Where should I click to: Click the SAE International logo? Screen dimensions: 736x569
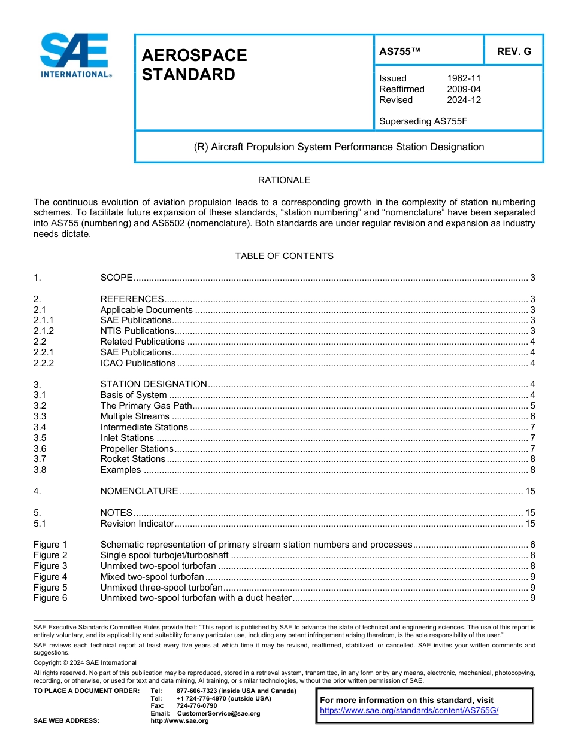75,56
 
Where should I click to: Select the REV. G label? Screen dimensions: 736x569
514,52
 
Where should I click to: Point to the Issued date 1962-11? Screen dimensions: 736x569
464,78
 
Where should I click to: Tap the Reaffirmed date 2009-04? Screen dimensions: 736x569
464,89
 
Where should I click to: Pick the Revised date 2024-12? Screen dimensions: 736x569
464,100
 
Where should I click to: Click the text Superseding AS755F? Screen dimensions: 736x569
423,121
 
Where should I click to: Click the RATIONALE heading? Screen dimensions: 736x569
284,180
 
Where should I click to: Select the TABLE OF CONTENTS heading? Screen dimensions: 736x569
284,256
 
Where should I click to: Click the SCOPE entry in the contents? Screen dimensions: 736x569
116,278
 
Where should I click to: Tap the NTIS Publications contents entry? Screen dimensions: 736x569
137,331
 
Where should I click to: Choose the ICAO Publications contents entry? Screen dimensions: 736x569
138,363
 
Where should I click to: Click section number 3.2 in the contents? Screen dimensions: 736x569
40,406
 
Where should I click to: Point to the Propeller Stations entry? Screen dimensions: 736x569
137,449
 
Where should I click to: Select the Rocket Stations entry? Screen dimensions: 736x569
132,459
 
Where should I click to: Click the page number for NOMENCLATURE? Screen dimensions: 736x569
529,491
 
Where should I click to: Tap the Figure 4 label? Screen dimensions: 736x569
50,577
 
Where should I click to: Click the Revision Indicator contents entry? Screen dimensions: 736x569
137,524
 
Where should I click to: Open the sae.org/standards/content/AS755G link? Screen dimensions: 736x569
409,711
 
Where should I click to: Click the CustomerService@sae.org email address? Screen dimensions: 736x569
219,713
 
